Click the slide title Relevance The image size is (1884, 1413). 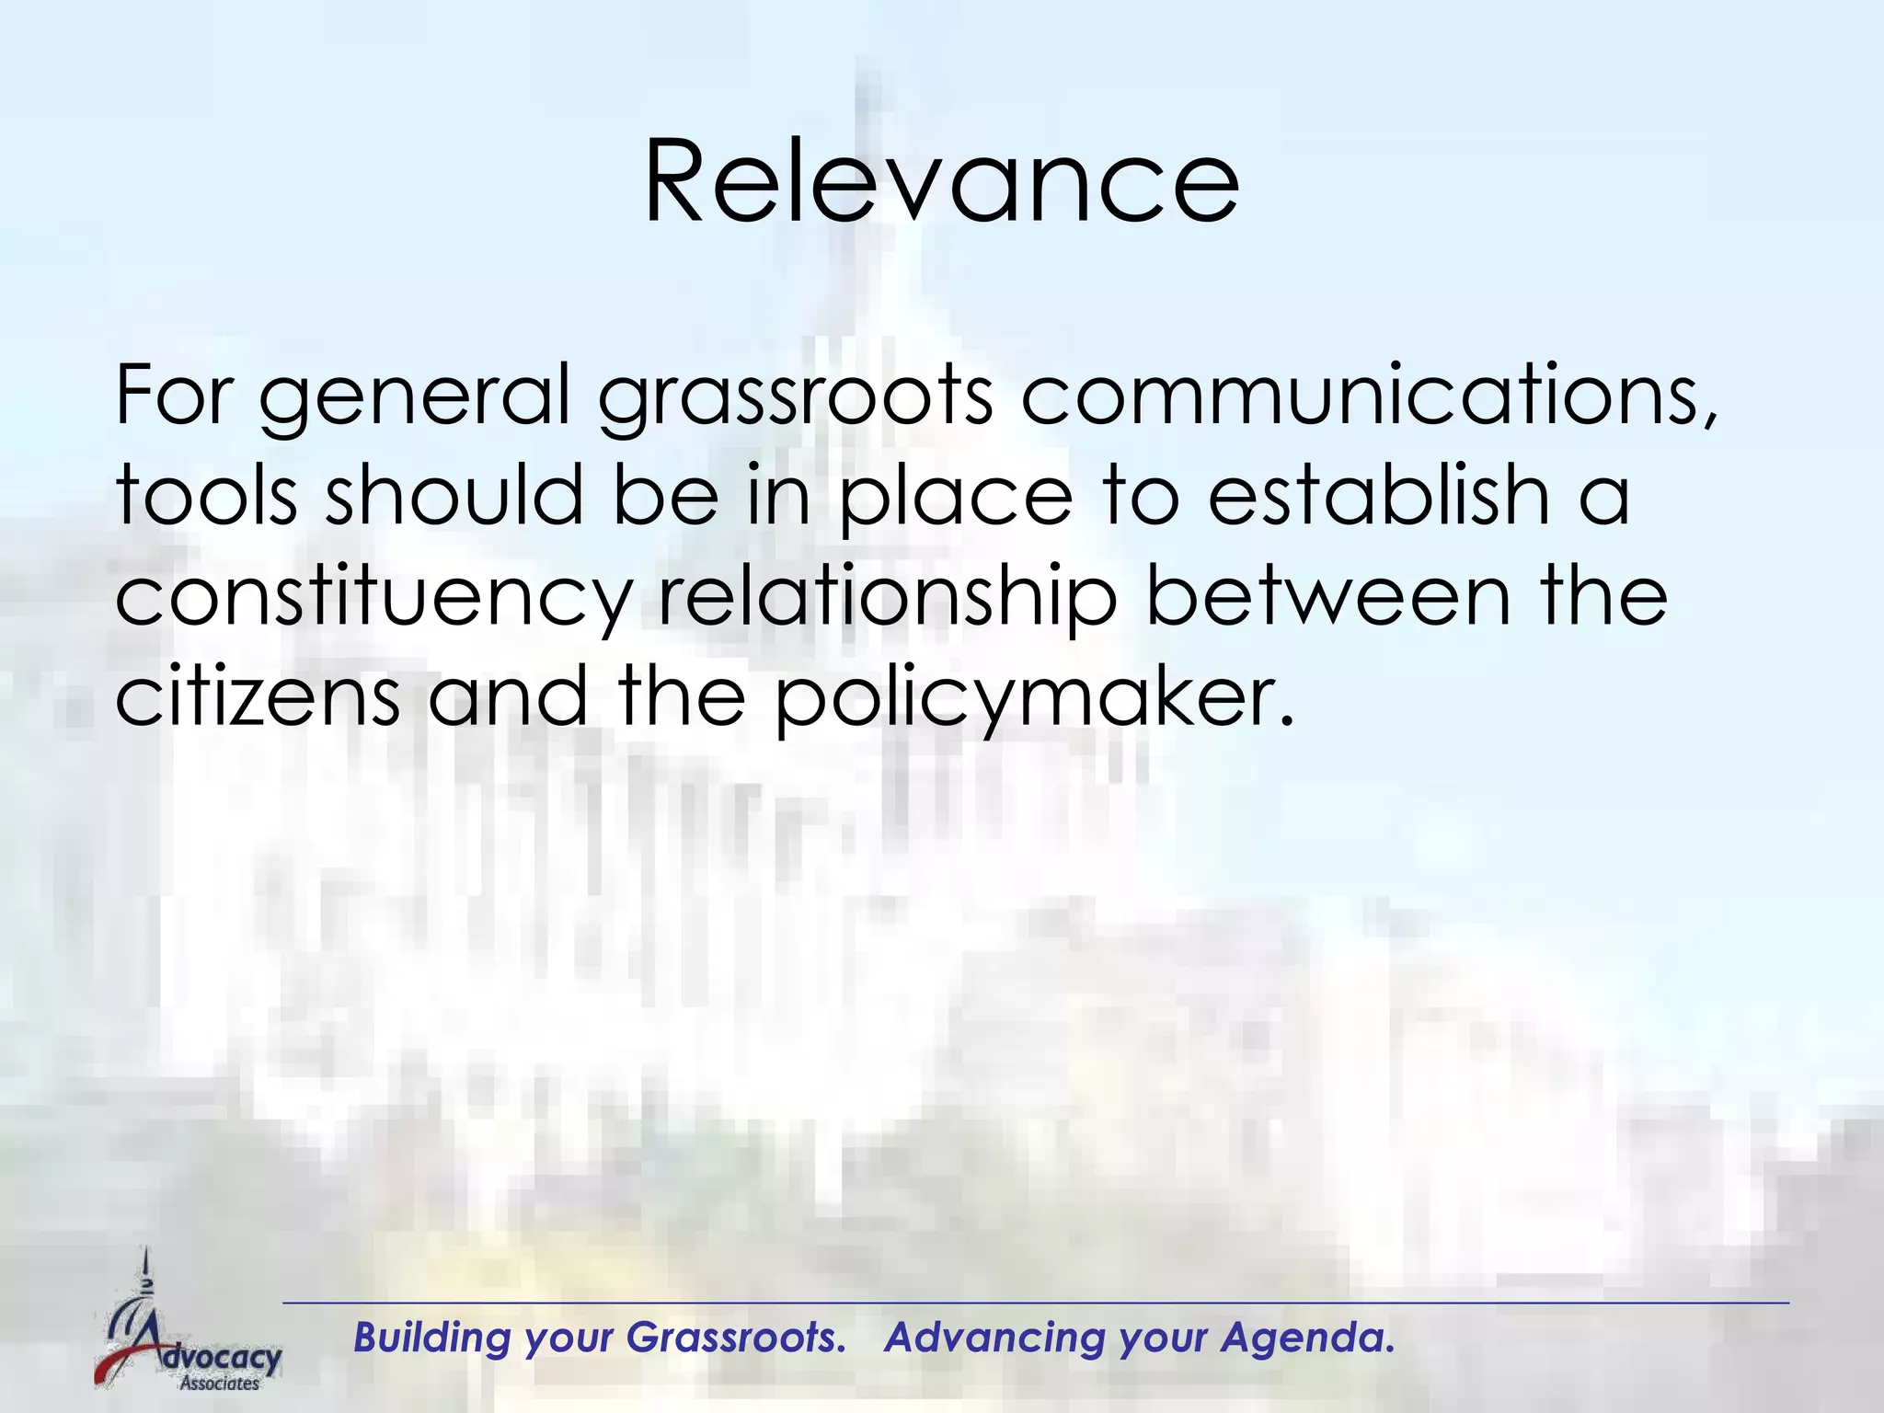tap(941, 181)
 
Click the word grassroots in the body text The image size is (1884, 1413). tap(796, 396)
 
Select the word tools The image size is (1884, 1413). tap(206, 494)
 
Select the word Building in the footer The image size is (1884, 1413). tap(431, 1338)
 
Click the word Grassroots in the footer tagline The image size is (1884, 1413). tap(735, 1338)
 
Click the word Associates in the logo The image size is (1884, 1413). tap(220, 1383)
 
